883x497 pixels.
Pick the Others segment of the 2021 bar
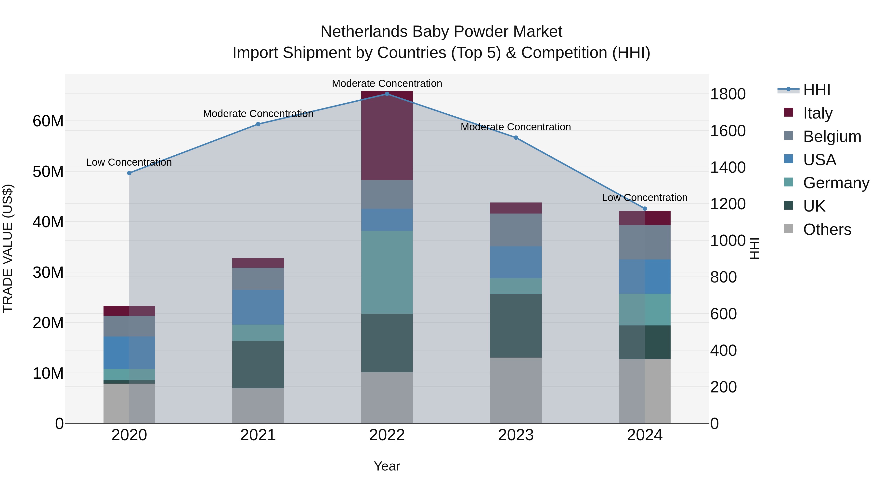click(x=258, y=405)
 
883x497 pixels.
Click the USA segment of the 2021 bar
click(x=258, y=307)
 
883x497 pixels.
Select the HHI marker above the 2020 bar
click(x=129, y=173)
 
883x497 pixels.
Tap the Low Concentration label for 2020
click(x=129, y=162)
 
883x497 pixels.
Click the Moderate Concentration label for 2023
click(x=516, y=127)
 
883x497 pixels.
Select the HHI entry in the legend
click(x=817, y=90)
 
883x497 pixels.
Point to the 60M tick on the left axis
click(x=48, y=121)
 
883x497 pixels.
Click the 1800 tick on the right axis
click(x=727, y=94)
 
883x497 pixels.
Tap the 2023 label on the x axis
click(x=516, y=435)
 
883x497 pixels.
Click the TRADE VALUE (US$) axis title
click(x=8, y=248)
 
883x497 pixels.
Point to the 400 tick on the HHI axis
click(x=723, y=350)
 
